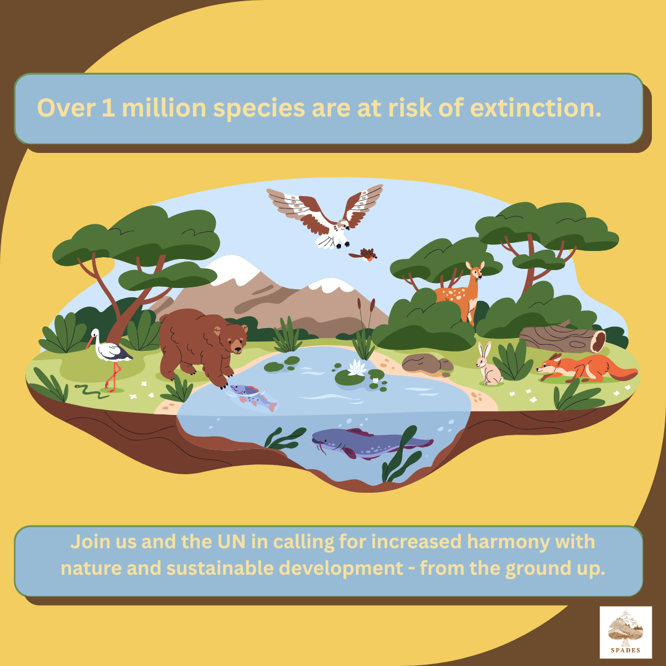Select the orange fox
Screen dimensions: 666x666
pos(587,368)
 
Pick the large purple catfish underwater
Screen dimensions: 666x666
pos(372,443)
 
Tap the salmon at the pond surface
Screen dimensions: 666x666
pos(253,396)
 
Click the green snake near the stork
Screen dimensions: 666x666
pos(91,392)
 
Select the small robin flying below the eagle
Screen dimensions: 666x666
pos(363,255)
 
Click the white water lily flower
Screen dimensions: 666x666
pos(357,368)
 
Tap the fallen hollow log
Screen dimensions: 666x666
pos(562,338)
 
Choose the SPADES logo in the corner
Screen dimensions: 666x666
pos(625,632)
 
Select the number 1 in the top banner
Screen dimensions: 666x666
pos(108,108)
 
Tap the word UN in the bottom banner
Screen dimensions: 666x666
pos(231,542)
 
